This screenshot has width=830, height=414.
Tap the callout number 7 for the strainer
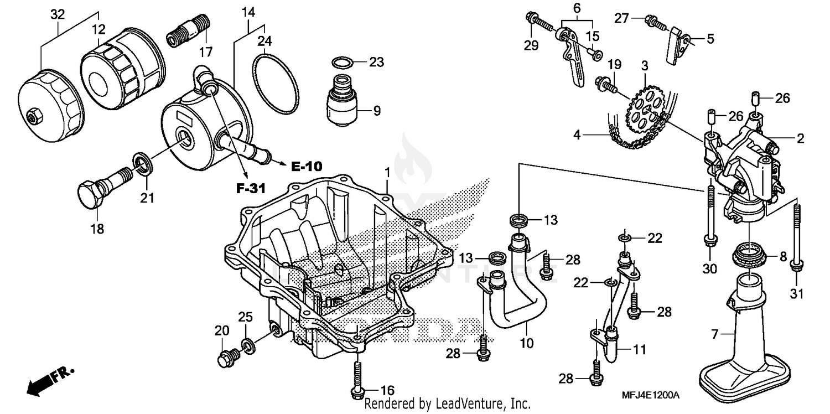tap(714, 334)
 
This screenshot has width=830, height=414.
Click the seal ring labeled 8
tap(749, 257)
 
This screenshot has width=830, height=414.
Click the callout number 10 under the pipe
tap(527, 344)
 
